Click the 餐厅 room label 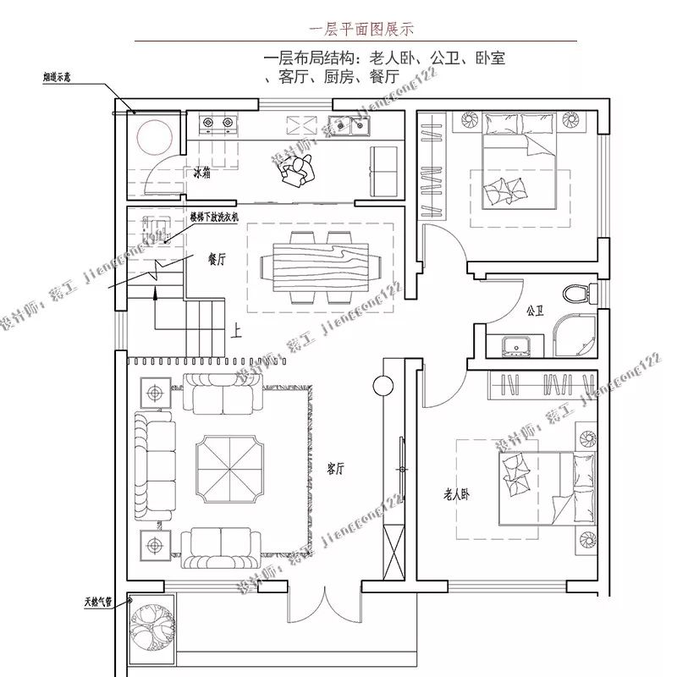217,260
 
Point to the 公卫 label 534,311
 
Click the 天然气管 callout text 99,603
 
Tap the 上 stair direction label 238,331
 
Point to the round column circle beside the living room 383,387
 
